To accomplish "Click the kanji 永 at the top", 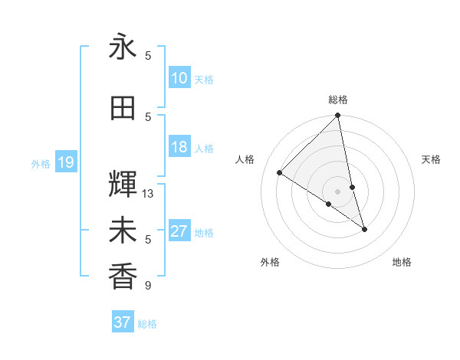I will [123, 47].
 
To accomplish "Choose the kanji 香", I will [123, 277].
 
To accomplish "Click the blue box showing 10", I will [179, 78].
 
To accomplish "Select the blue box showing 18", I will [179, 148].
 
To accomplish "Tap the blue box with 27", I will [179, 232].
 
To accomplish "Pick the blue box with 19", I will [65, 162].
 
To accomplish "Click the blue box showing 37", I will [123, 322].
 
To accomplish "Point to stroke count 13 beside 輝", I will [148, 194].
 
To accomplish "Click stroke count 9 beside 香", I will [148, 286].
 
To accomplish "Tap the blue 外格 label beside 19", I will [41, 163].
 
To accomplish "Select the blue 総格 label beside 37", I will [147, 324].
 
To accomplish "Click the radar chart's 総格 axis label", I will [338, 100].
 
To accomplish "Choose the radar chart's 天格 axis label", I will [432, 159].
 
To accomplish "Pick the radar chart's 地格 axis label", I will [402, 263].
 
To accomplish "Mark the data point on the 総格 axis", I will [338, 116].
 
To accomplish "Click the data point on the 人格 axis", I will [280, 173].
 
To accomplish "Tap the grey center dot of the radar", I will [338, 191].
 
